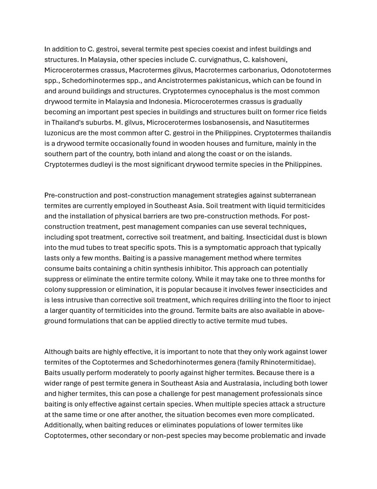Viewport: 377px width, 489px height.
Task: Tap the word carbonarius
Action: click(x=265, y=70)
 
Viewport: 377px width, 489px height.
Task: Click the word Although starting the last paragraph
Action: click(x=60, y=352)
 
